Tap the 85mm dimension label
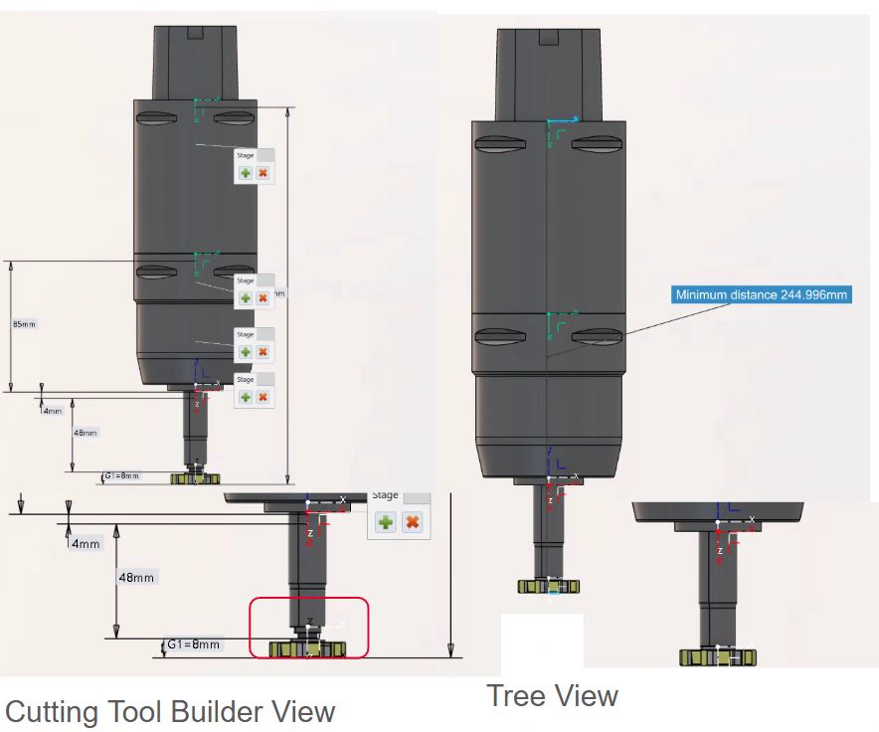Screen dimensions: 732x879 click(23, 324)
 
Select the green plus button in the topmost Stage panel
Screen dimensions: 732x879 click(246, 173)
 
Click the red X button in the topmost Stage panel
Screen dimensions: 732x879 click(263, 173)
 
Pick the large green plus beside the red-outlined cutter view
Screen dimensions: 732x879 click(385, 522)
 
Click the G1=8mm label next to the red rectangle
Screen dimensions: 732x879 click(192, 644)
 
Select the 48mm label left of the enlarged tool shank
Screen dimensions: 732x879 click(136, 577)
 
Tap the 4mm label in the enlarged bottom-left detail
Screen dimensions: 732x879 click(86, 544)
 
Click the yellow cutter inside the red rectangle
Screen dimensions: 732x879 click(308, 649)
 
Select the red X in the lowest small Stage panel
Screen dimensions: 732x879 click(263, 397)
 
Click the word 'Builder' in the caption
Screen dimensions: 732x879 click(218, 712)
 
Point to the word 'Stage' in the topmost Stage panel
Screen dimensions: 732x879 click(245, 155)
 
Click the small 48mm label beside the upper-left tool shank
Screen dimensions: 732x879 click(87, 433)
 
